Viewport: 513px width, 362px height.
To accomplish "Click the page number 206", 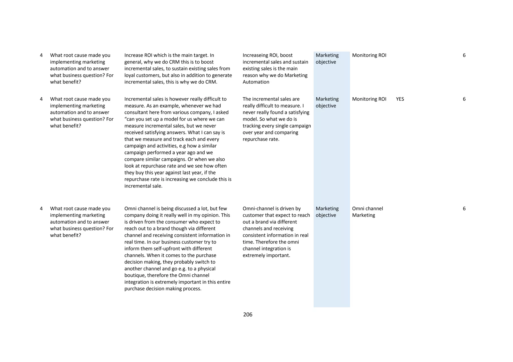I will pos(247,314).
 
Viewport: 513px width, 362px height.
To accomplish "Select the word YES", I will pos(400,99).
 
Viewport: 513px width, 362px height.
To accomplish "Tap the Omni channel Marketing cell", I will pos(367,212).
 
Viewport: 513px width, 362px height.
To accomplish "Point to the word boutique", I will pos(135,275).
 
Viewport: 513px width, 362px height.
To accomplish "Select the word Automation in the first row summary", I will pos(256,82).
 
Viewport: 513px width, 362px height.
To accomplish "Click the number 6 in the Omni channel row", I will pos(464,208).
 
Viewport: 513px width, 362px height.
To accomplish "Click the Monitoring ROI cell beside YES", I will pos(369,99).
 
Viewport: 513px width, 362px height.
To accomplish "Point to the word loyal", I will pos(130,75).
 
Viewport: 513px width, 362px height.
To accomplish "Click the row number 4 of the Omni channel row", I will pos(41,208).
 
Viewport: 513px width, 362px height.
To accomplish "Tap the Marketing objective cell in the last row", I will pos(327,212).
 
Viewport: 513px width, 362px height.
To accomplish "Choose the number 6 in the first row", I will pos(464,55).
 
